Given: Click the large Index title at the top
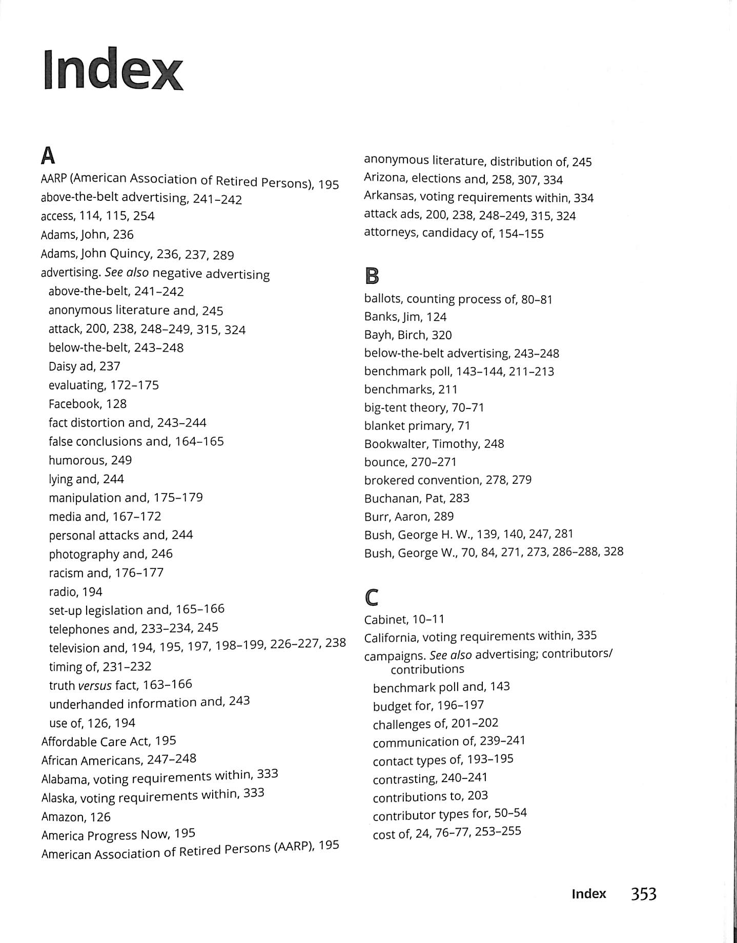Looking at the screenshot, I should [x=113, y=70].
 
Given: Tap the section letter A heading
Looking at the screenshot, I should [x=48, y=156].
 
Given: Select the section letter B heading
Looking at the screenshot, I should [x=372, y=277].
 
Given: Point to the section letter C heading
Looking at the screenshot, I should [x=372, y=598].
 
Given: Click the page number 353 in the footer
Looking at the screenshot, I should [x=643, y=894].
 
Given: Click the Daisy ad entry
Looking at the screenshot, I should [x=84, y=366].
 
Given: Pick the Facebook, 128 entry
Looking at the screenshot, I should [x=87, y=404].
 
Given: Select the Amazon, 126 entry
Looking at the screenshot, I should [x=76, y=817].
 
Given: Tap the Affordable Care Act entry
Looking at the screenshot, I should [x=109, y=741].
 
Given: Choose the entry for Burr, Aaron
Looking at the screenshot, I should [x=408, y=516].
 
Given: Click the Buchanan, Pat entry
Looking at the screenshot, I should [x=416, y=498].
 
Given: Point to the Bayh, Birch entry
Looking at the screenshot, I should [x=407, y=335].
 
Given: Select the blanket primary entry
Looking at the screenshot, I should [x=417, y=426].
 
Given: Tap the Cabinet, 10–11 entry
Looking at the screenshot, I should [x=404, y=619].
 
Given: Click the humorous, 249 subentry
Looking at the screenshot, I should [x=90, y=460].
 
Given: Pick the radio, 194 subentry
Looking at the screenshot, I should [x=75, y=592].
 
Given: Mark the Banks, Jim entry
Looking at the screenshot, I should [x=405, y=317].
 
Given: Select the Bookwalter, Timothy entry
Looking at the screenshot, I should [x=434, y=444].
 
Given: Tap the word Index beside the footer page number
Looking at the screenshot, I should [x=588, y=894].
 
